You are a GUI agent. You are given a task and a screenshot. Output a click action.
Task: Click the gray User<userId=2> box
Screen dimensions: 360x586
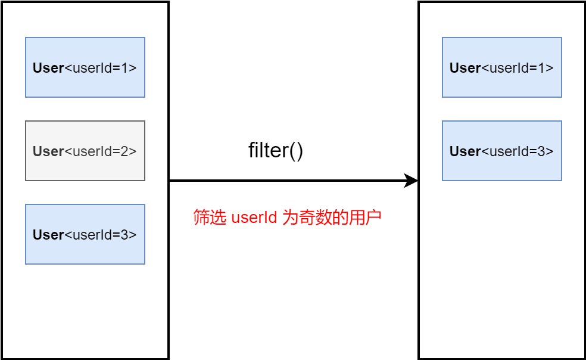point(85,151)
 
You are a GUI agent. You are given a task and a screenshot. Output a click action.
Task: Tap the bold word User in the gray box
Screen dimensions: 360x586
point(48,151)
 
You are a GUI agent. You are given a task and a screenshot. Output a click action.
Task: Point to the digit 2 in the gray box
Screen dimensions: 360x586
point(124,151)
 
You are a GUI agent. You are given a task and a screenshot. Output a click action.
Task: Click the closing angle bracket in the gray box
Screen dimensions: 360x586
point(132,151)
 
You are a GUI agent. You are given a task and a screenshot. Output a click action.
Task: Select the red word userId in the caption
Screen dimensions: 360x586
point(254,218)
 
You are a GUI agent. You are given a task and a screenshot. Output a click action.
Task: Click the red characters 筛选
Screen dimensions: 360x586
point(210,218)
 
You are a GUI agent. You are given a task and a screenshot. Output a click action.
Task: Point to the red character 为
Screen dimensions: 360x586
point(289,218)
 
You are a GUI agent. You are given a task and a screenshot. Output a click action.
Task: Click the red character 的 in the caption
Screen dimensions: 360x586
point(340,218)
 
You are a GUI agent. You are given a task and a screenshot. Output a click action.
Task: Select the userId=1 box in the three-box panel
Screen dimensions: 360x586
point(85,67)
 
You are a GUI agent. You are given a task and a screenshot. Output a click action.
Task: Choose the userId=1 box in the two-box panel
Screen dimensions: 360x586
point(502,67)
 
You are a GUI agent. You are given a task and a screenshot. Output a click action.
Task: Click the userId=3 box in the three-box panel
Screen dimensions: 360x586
point(85,234)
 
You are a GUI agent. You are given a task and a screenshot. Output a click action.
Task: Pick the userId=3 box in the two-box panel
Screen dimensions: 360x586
point(502,151)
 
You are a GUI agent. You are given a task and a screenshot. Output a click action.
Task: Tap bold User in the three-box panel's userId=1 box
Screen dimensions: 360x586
point(48,68)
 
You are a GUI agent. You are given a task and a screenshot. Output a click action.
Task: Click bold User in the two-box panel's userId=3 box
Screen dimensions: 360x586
point(465,151)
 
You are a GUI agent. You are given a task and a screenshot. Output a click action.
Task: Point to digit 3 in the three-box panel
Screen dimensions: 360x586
point(124,235)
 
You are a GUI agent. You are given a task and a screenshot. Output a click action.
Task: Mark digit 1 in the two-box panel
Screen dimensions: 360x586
point(541,68)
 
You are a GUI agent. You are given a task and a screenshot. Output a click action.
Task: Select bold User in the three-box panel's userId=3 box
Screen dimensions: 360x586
point(48,235)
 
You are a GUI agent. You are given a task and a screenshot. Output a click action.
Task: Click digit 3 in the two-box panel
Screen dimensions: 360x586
point(541,151)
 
